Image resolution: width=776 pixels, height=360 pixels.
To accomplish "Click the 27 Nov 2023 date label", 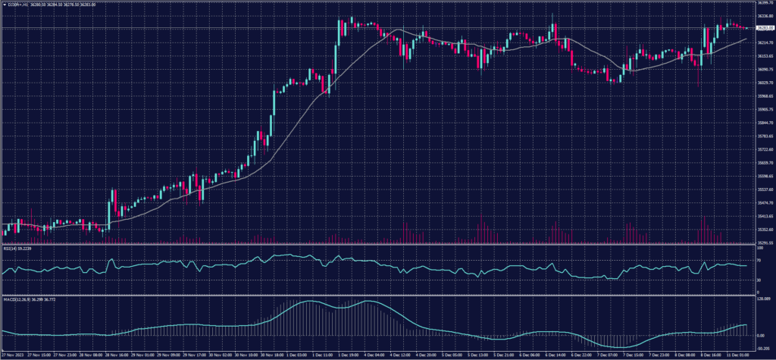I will pyautogui.click(x=12, y=354).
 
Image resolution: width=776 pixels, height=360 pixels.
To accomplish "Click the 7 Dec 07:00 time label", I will pyautogui.click(x=608, y=354).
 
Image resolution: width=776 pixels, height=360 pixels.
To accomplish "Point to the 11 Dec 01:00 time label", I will pyautogui.click(x=739, y=354).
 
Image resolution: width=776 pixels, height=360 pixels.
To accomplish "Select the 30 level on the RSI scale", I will pyautogui.click(x=759, y=280).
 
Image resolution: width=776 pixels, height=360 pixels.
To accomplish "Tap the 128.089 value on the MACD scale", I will pyautogui.click(x=763, y=299).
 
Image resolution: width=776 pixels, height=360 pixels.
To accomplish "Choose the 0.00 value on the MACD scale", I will pyautogui.click(x=760, y=334).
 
